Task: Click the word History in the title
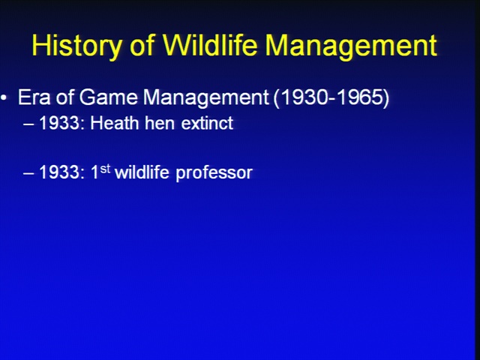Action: click(x=76, y=46)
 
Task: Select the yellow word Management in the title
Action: click(x=351, y=46)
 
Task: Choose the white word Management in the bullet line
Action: click(x=205, y=98)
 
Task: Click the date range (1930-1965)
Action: click(x=331, y=98)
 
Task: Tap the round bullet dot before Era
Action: click(x=4, y=98)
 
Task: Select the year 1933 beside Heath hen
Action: click(x=60, y=123)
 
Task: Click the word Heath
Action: click(x=115, y=123)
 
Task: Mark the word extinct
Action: click(x=207, y=123)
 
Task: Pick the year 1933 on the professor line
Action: click(x=60, y=172)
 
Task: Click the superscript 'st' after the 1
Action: click(x=105, y=169)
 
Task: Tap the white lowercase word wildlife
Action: click(x=142, y=172)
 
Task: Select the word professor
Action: click(x=214, y=173)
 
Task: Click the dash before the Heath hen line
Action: click(x=28, y=124)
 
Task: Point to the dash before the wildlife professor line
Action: click(x=28, y=173)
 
